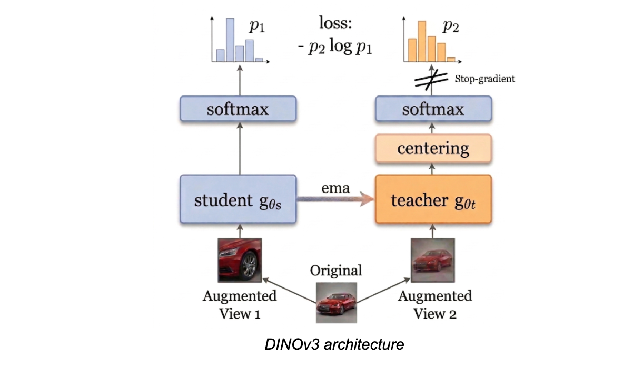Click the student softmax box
240,110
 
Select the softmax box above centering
433,110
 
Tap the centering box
433,148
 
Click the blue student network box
240,200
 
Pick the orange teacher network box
433,200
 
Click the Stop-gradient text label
484,79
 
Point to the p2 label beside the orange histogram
450,26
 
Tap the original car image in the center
336,302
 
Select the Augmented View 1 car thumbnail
240,260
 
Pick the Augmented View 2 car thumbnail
433,260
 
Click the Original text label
336,271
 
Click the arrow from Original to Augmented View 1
290,290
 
